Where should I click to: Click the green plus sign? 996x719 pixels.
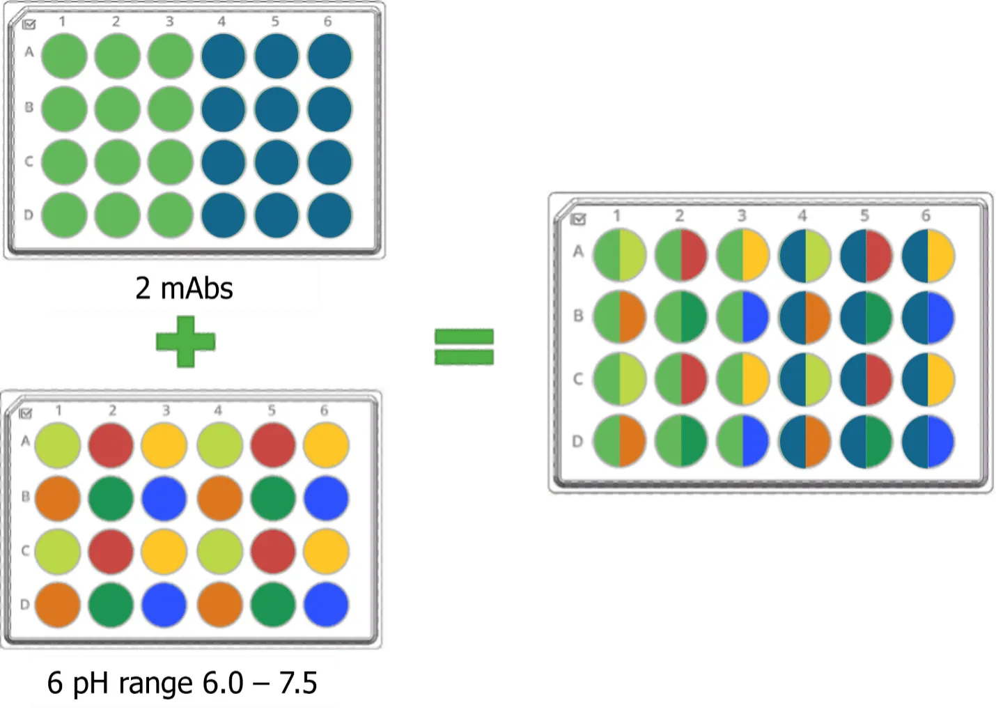pos(186,341)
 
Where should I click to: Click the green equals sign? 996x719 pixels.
pos(464,347)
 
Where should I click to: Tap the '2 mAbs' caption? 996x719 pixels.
pos(184,288)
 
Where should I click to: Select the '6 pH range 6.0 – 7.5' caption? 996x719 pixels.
pos(182,683)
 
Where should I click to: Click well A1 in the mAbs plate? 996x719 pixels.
pos(64,56)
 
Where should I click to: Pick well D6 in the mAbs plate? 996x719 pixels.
pos(329,215)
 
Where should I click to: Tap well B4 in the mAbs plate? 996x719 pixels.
pos(223,109)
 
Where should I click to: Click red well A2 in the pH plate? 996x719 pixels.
pos(111,445)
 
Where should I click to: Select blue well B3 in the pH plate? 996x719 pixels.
pos(164,498)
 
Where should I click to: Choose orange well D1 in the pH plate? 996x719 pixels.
pos(58,605)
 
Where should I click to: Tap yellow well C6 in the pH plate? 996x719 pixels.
pos(326,551)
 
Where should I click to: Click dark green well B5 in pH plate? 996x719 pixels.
pos(273,498)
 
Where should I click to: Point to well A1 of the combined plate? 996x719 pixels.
pos(620,255)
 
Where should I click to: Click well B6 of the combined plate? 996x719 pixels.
pos(928,318)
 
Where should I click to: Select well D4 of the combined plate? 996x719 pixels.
pos(804,442)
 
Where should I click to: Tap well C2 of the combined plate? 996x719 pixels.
pos(681,379)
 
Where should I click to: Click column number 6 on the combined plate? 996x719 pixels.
pos(926,216)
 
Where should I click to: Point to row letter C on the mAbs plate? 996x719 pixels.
pos(29,161)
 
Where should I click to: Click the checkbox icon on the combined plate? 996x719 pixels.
pos(578,219)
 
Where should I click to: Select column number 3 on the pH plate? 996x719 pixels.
pos(166,410)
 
